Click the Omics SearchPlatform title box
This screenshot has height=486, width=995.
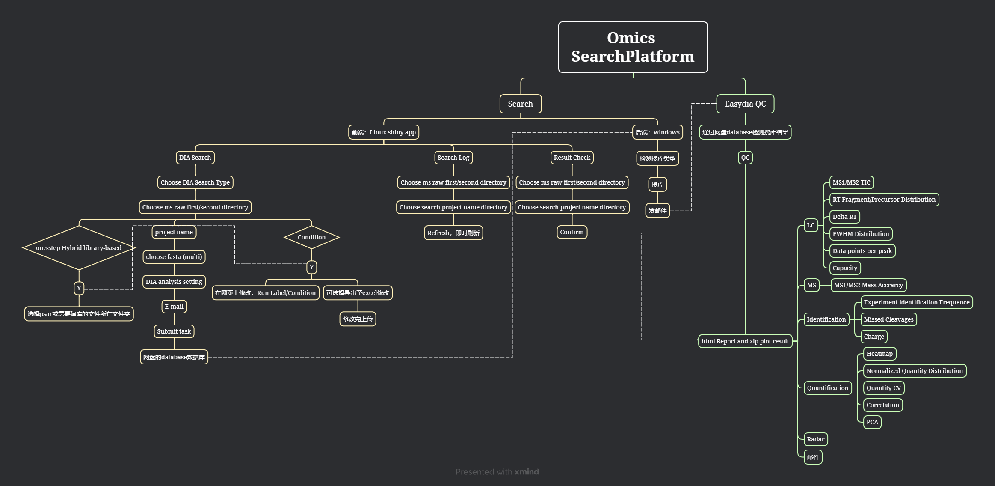click(633, 47)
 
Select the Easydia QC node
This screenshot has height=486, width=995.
click(745, 104)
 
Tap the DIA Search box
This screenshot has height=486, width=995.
click(195, 158)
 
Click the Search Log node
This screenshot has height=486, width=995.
click(453, 158)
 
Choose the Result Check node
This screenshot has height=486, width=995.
click(572, 158)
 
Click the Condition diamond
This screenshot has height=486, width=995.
click(311, 237)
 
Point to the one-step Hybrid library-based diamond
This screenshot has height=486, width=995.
click(79, 248)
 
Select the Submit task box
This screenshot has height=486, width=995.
click(174, 331)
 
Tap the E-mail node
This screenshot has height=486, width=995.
click(174, 307)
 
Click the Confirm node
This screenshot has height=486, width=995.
click(572, 232)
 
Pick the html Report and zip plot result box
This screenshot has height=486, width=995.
click(745, 341)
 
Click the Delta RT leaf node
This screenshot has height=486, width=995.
click(844, 217)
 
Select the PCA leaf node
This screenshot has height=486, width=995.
click(872, 422)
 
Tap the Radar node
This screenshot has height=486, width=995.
click(816, 439)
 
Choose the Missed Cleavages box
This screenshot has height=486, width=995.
click(888, 319)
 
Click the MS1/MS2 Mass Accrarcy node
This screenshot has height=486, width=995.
click(868, 285)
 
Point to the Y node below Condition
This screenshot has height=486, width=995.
click(312, 267)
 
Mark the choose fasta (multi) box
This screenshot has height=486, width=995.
click(174, 257)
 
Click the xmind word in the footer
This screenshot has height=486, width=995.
click(527, 472)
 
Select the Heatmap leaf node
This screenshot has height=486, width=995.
click(880, 354)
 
